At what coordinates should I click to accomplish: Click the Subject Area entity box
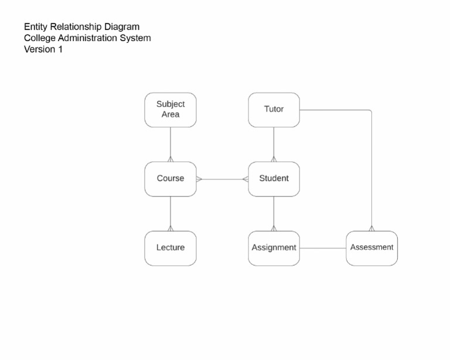171,110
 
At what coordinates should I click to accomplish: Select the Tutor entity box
274,110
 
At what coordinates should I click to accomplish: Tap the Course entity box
171,179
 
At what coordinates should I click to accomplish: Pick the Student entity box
274,179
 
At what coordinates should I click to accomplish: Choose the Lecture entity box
171,248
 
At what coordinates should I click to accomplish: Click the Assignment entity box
274,248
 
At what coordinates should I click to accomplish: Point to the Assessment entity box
371,248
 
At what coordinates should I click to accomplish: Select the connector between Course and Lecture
171,212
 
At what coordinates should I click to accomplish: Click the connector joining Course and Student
222,179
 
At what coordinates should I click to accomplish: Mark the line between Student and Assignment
274,212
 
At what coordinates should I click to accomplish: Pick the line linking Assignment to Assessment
323,248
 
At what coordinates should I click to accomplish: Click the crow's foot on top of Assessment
371,228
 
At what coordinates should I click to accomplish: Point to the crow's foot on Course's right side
199,179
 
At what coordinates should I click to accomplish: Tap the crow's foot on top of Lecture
171,228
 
